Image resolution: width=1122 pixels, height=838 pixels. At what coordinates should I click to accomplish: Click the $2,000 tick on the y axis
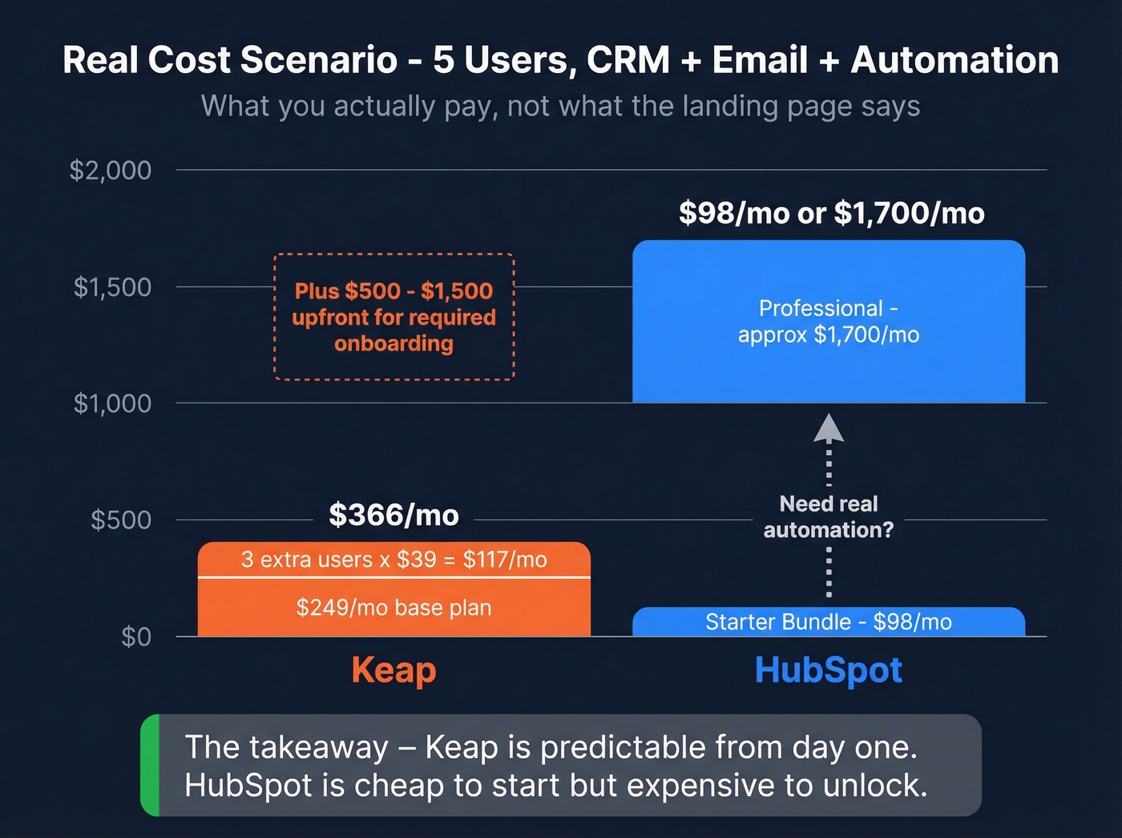click(x=111, y=170)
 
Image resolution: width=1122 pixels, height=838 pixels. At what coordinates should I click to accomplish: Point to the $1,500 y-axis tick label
click(x=112, y=287)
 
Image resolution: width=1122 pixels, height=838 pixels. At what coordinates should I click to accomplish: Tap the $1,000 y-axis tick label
click(x=112, y=403)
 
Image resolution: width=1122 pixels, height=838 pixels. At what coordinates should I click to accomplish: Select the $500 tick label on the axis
click(x=121, y=520)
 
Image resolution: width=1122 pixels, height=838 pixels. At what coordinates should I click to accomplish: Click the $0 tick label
click(x=136, y=637)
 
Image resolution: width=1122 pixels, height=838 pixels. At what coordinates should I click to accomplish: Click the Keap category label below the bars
click(x=394, y=670)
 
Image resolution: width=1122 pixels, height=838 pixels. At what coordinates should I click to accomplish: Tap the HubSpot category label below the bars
click(x=828, y=670)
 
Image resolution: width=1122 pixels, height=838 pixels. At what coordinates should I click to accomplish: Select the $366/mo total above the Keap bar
click(x=394, y=515)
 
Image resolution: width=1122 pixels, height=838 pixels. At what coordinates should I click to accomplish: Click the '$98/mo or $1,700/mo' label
click(x=831, y=213)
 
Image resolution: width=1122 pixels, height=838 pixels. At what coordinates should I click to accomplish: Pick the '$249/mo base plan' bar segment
click(x=394, y=608)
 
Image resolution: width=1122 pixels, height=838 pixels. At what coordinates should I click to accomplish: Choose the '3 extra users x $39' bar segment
click(x=394, y=559)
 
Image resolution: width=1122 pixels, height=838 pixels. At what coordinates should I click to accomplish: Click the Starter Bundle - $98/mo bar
click(x=828, y=622)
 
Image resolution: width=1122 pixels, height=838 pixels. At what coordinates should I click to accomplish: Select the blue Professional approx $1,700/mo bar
click(x=828, y=321)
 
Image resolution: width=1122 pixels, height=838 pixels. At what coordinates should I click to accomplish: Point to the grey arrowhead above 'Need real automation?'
click(x=829, y=428)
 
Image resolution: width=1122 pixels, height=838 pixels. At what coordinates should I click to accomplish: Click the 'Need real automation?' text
click(x=828, y=516)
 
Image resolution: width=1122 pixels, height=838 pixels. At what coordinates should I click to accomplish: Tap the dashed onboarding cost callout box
click(x=394, y=317)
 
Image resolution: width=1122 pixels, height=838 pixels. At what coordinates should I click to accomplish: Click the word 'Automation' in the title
click(x=955, y=60)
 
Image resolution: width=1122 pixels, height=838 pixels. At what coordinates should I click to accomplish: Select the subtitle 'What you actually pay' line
click(x=560, y=106)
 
